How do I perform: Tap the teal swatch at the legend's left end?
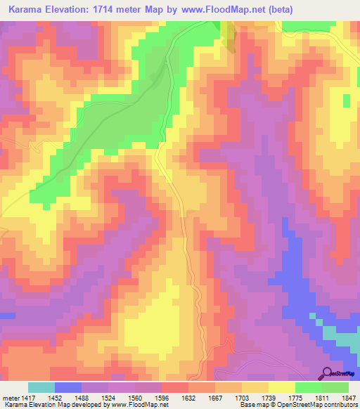(x=41, y=387)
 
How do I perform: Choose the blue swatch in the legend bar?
(x=68, y=387)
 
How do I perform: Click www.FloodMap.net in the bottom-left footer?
(x=141, y=405)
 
